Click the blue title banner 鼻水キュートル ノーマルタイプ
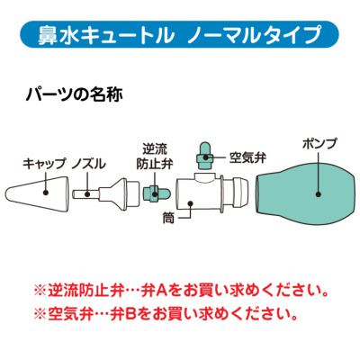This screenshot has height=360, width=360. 179,34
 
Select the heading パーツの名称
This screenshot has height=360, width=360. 75,95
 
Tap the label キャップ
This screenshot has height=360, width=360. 44,164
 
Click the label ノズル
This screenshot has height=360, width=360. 89,164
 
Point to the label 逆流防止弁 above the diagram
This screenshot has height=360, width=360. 155,157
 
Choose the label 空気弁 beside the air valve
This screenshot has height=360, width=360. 247,157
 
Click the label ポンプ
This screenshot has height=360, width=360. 319,144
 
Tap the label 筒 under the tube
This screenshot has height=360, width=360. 168,219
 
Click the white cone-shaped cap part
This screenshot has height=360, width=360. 37,193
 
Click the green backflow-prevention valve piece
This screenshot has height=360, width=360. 156,193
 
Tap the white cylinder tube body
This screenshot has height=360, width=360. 199,193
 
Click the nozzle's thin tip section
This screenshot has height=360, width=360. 86,193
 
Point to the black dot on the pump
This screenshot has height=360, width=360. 319,193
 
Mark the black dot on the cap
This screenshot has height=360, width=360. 46,193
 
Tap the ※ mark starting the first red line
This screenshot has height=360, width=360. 40,291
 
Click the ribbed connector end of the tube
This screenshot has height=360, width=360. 239,193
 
